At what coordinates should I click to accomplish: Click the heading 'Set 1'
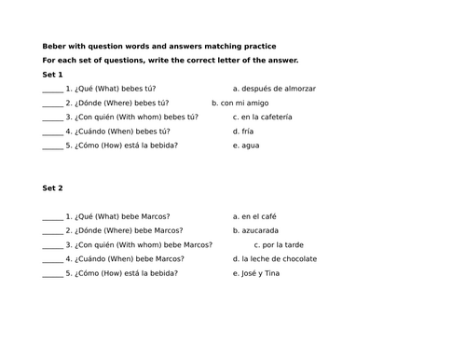pyautogui.click(x=53, y=75)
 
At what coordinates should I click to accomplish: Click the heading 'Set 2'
pyautogui.click(x=53, y=188)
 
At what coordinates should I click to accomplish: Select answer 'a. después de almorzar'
pyautogui.click(x=274, y=89)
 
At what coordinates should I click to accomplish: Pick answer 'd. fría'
pyautogui.click(x=245, y=132)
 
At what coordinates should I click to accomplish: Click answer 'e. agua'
pyautogui.click(x=247, y=145)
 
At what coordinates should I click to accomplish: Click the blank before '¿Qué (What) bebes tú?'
pyautogui.click(x=52, y=90)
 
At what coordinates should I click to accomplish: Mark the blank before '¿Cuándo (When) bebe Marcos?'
pyautogui.click(x=52, y=260)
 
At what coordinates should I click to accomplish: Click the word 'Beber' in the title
pyautogui.click(x=54, y=46)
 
